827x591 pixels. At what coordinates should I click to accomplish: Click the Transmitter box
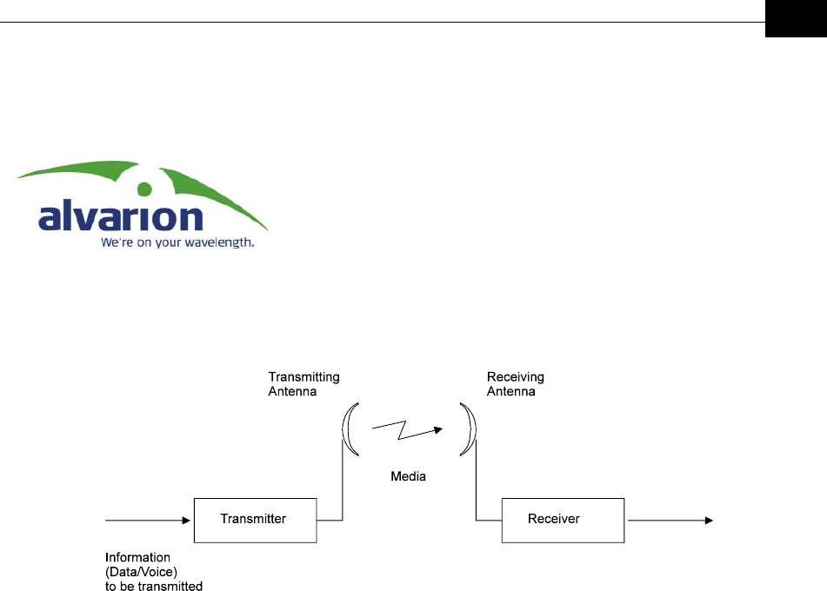point(254,519)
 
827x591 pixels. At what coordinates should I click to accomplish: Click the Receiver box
point(562,519)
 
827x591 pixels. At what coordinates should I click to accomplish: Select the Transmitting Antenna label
point(303,384)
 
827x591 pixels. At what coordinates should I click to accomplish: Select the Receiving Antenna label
point(516,384)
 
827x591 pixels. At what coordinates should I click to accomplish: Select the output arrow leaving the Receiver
point(670,520)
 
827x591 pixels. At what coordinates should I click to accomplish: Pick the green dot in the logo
point(145,188)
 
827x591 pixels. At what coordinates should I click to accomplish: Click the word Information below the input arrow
point(137,557)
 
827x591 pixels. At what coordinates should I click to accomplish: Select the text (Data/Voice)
point(139,572)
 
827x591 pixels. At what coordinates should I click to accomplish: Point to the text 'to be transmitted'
point(154,587)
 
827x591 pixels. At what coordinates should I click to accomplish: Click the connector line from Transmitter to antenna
point(342,487)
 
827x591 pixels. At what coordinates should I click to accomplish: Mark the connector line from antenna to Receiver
point(477,487)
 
